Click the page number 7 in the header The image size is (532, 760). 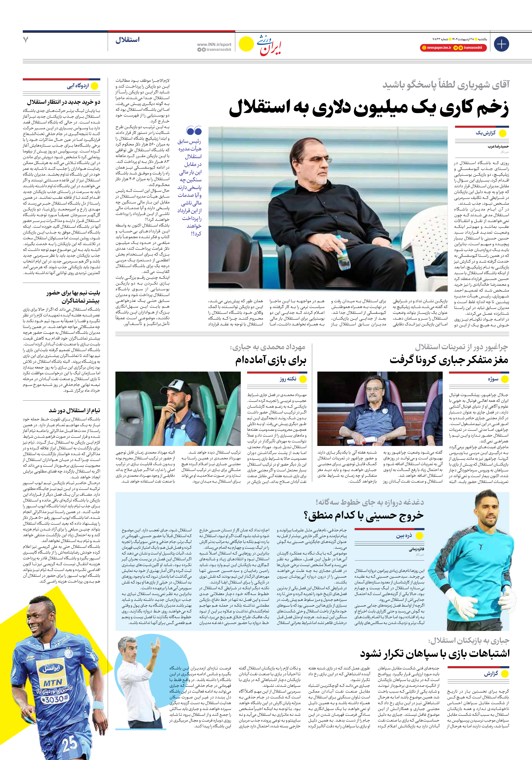pos(26,40)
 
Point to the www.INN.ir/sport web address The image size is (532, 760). pos(214,44)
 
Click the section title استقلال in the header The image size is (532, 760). pos(127,40)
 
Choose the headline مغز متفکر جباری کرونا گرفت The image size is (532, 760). pos(449,360)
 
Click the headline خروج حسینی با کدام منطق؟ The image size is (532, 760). pos(363,515)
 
